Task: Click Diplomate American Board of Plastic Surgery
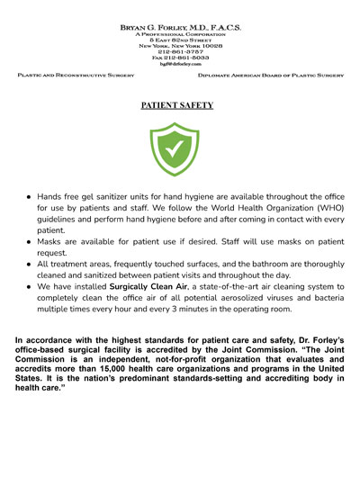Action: (x=271, y=76)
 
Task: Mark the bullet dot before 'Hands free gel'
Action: (x=29, y=194)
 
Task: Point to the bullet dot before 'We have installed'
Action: (x=29, y=283)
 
